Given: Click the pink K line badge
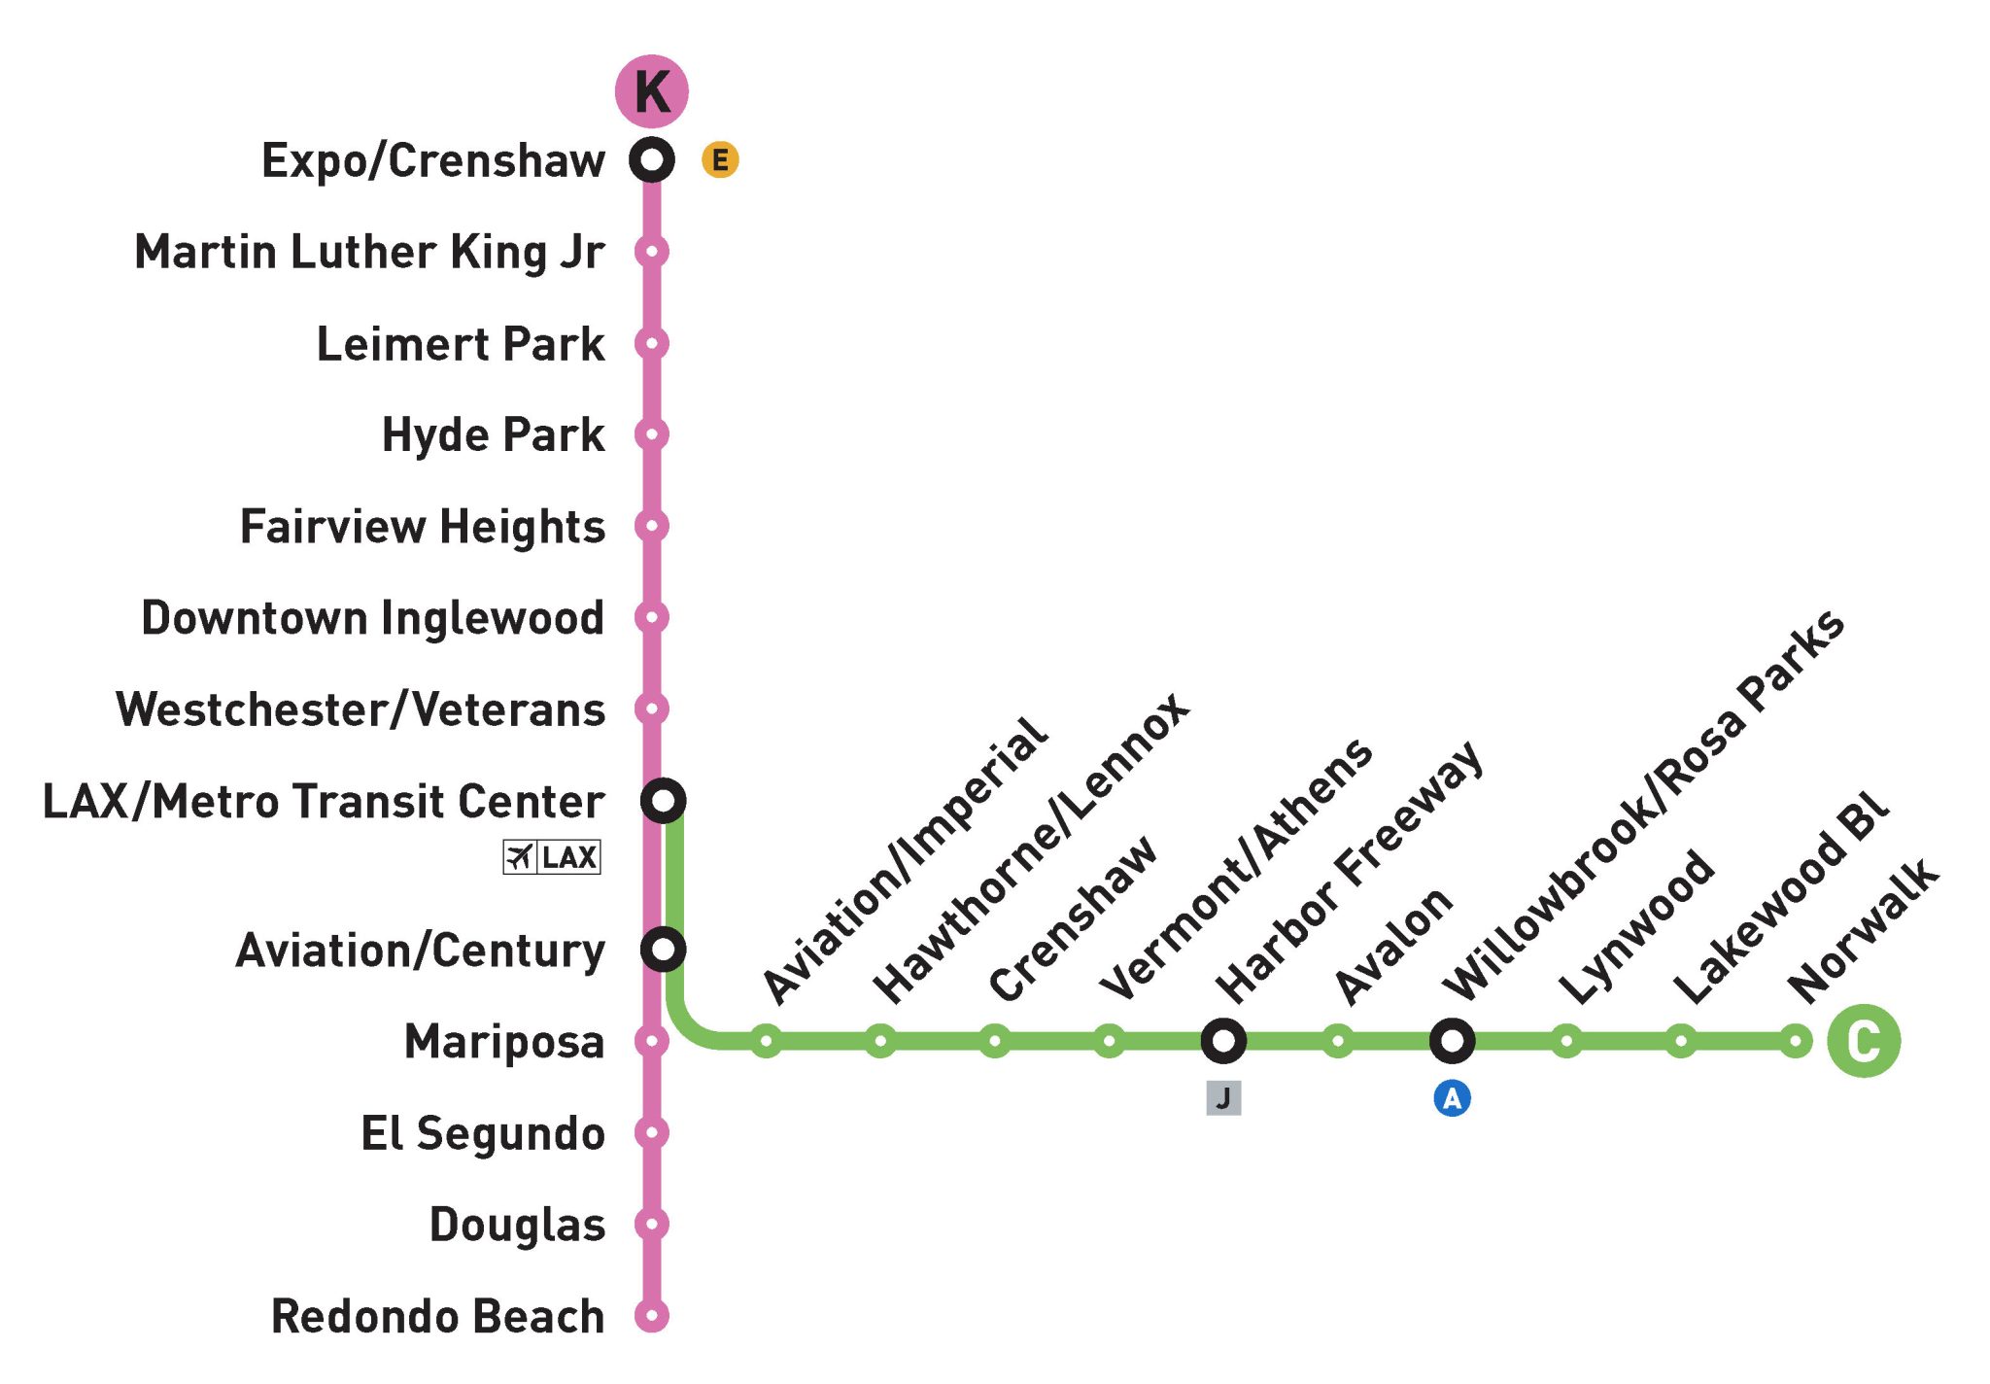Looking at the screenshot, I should click(651, 91).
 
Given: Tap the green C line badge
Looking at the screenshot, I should click(1863, 1041).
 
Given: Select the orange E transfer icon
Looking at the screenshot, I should click(720, 159).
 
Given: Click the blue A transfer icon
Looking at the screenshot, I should click(1452, 1098).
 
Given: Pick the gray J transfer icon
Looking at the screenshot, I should click(1223, 1098).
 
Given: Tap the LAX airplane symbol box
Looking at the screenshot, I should click(551, 857).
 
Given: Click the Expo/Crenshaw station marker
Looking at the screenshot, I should click(651, 158).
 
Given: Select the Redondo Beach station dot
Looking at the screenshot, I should click(651, 1316).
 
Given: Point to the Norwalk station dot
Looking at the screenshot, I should click(1796, 1041).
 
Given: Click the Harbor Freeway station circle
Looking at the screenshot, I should click(1223, 1041).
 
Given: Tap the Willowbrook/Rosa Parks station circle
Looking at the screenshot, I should click(1452, 1041).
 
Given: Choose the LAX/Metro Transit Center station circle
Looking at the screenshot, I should click(663, 801).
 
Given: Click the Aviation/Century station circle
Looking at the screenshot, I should click(663, 949).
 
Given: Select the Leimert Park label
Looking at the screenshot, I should click(461, 344).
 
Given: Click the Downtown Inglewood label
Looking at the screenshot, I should click(373, 618).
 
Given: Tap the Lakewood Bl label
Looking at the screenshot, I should click(1780, 894).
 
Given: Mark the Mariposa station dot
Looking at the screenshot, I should click(651, 1041).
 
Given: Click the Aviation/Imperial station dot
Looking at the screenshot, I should click(766, 1041).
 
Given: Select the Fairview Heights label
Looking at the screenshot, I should click(423, 527).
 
